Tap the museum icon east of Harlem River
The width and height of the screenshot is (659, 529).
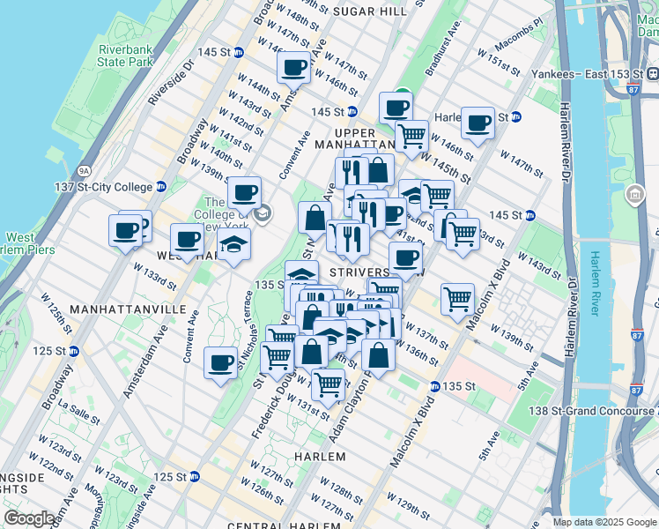pos(633,194)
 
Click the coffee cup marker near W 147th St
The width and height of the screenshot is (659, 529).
pos(293,66)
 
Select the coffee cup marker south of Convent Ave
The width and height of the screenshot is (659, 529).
pos(220,361)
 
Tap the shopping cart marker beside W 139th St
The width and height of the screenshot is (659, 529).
pos(457,299)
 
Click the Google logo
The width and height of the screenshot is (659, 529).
pos(29,518)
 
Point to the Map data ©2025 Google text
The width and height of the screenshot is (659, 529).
pos(604,522)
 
